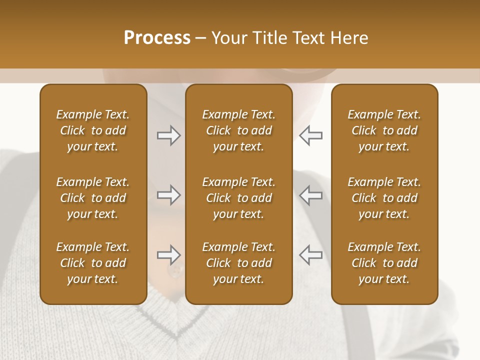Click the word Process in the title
click(x=157, y=38)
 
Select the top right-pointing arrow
click(x=169, y=135)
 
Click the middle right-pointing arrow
click(x=169, y=195)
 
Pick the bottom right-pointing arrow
click(x=169, y=255)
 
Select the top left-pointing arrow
click(x=311, y=135)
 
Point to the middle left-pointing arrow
click(x=311, y=195)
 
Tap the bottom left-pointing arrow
click(x=311, y=255)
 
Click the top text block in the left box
click(x=93, y=130)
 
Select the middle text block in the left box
click(x=93, y=198)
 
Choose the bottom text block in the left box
click(x=93, y=263)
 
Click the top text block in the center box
click(x=239, y=130)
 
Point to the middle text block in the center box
click(x=239, y=198)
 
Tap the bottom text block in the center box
click(x=239, y=263)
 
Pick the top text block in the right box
click(x=384, y=130)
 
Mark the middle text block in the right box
click(x=384, y=198)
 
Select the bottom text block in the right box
click(x=384, y=263)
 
